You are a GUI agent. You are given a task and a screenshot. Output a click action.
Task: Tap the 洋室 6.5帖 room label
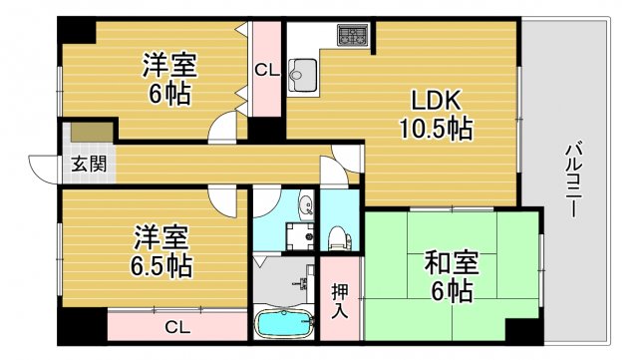[160, 252]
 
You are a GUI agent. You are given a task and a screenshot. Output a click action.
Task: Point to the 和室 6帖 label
[451, 276]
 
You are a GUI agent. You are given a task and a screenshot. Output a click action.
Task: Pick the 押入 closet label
[340, 299]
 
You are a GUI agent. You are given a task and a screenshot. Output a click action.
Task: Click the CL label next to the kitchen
[264, 70]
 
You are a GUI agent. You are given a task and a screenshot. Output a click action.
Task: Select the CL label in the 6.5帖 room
[176, 326]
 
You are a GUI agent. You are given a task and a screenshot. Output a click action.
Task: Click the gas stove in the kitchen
[353, 37]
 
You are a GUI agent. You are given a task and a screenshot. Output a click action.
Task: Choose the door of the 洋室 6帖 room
[227, 130]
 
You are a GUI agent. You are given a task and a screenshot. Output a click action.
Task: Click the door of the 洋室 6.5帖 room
[227, 198]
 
